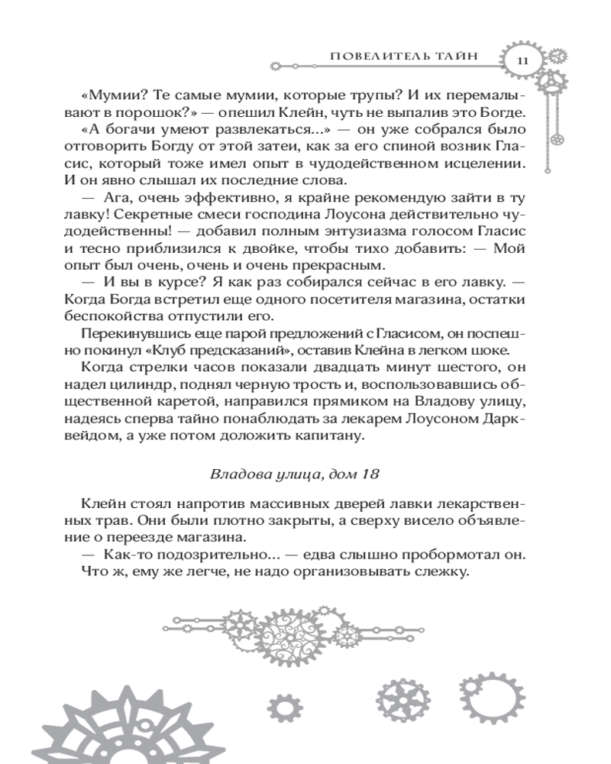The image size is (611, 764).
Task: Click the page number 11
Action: point(522,60)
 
